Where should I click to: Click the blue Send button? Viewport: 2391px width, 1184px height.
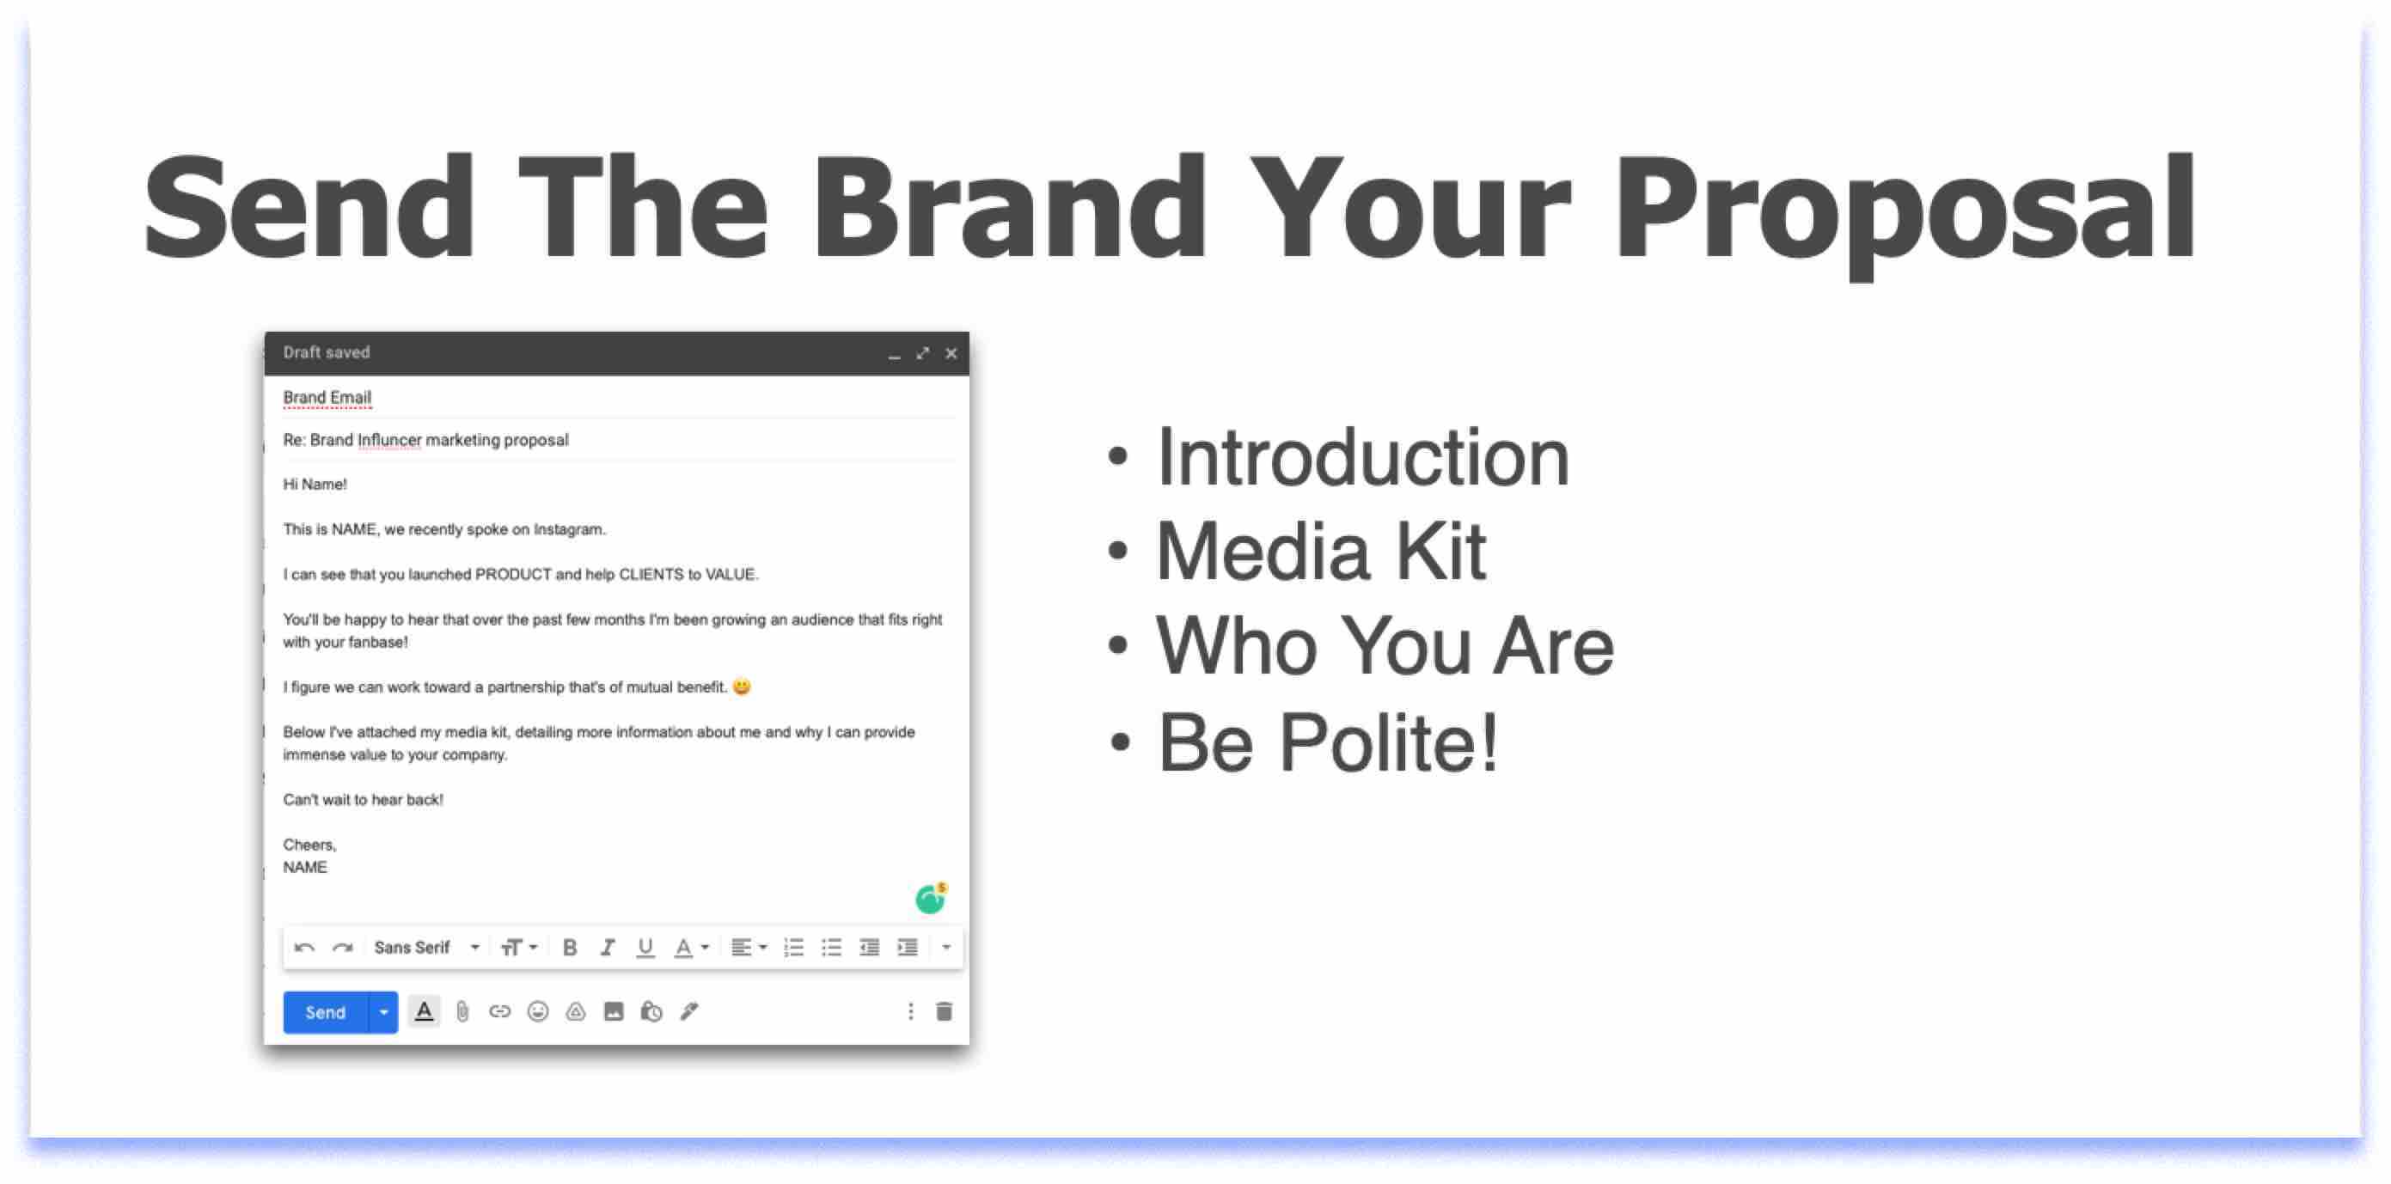pos(325,1011)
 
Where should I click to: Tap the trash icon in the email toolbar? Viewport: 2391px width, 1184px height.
pos(944,1011)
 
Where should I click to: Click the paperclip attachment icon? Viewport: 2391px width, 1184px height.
pos(462,1011)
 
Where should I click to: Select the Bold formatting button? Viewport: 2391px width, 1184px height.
pos(570,948)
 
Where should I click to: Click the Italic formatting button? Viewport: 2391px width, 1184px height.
pos(607,948)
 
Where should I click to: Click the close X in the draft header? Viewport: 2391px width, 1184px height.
pos(951,353)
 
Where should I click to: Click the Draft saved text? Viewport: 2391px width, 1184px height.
pos(327,352)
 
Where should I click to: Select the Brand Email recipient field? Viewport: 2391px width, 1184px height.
pos(327,397)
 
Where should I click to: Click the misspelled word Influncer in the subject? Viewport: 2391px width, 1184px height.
pos(389,440)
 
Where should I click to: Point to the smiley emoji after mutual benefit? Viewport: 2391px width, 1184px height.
pos(742,687)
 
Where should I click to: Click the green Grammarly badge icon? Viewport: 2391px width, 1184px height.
pos(929,899)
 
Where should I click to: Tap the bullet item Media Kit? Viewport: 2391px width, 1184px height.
pos(1320,551)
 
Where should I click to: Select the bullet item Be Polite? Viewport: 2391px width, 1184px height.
pos(1327,742)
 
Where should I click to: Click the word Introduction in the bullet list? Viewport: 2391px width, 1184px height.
pos(1361,456)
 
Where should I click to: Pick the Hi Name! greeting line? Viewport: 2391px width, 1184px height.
pos(315,485)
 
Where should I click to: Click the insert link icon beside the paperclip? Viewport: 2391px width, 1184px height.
pos(499,1011)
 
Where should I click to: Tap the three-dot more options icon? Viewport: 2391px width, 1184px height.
pos(909,1011)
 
